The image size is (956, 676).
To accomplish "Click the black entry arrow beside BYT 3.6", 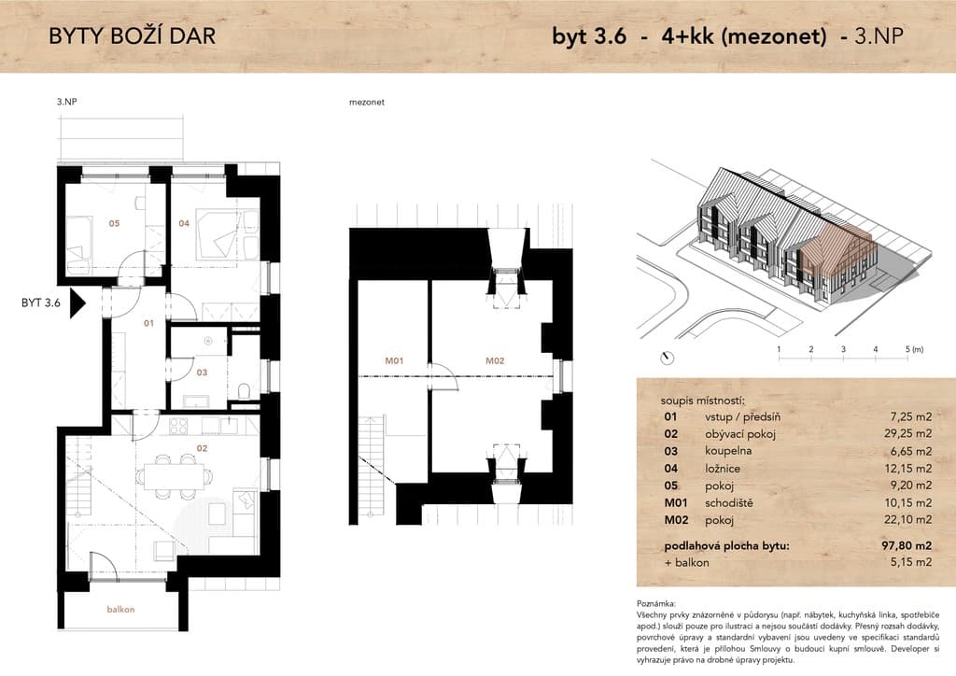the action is (77, 303).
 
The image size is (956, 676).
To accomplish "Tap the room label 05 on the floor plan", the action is (114, 223).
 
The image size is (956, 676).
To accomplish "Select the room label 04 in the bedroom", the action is (184, 223).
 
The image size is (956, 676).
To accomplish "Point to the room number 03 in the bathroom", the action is (202, 372).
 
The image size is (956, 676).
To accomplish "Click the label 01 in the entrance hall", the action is (148, 323).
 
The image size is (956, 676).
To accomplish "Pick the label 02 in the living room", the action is (202, 448).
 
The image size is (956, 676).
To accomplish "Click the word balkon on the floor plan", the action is (120, 609).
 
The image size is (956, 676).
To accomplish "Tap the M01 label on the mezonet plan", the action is (394, 360).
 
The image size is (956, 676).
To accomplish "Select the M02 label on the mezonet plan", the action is (495, 360).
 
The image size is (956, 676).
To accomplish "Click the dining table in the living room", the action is (174, 475).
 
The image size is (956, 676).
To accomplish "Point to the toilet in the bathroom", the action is (244, 390).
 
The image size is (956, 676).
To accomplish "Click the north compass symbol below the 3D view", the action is (668, 358).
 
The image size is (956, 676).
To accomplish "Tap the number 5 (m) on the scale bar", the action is (914, 349).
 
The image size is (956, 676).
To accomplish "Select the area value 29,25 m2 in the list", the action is (907, 433).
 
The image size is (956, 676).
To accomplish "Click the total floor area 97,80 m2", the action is (907, 545).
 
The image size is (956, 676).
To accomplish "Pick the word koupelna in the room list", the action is (728, 451).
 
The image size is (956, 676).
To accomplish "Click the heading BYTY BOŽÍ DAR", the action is (133, 36).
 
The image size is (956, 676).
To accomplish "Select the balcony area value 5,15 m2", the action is (911, 562).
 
